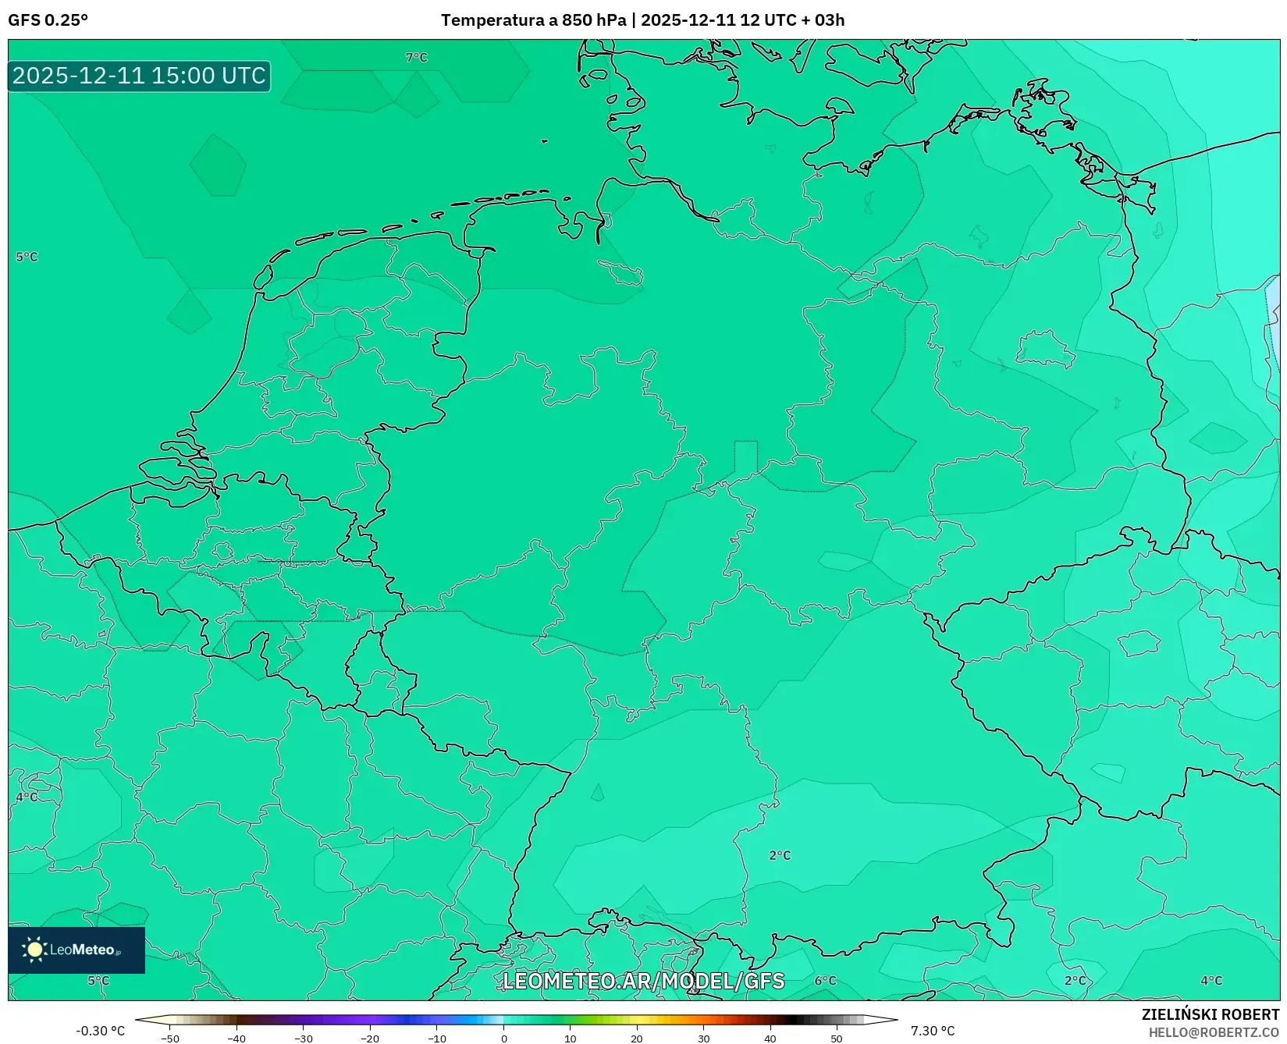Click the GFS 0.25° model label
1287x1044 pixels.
click(48, 20)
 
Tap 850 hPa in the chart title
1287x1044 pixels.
click(594, 20)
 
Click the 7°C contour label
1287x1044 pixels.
click(417, 58)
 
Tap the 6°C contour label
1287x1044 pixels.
click(825, 981)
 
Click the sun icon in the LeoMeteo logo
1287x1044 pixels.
click(34, 949)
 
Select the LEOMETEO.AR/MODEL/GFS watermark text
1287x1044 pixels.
click(643, 981)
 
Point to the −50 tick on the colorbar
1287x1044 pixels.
click(170, 1039)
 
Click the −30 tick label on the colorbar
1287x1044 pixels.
click(304, 1039)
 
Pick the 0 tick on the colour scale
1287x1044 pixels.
click(504, 1039)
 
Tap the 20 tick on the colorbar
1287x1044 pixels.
click(637, 1039)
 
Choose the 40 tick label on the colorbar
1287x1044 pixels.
click(770, 1039)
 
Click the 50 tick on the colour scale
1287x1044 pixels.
click(837, 1039)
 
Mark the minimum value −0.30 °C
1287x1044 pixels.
click(100, 1031)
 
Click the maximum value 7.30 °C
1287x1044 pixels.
click(933, 1031)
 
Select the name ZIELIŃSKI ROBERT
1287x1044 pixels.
click(1211, 1014)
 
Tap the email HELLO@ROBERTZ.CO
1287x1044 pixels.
click(1214, 1032)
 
